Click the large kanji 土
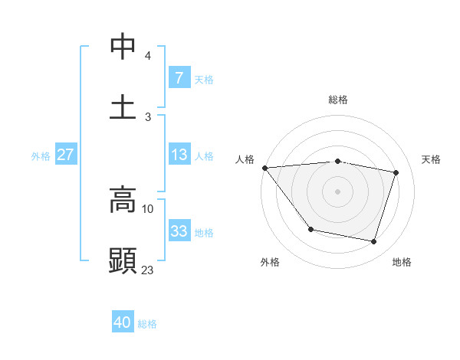123,106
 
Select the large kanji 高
123,200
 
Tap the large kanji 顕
123,260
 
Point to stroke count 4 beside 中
148,56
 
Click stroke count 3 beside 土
148,116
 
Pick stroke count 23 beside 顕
148,270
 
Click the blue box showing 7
179,77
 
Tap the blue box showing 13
179,155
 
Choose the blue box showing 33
179,231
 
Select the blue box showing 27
65,155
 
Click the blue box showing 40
123,322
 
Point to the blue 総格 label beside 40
147,324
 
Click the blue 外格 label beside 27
41,156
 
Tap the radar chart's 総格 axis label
338,100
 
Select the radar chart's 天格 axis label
432,159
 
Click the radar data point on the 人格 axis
264,168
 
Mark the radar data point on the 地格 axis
373,242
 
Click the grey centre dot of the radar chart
338,191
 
